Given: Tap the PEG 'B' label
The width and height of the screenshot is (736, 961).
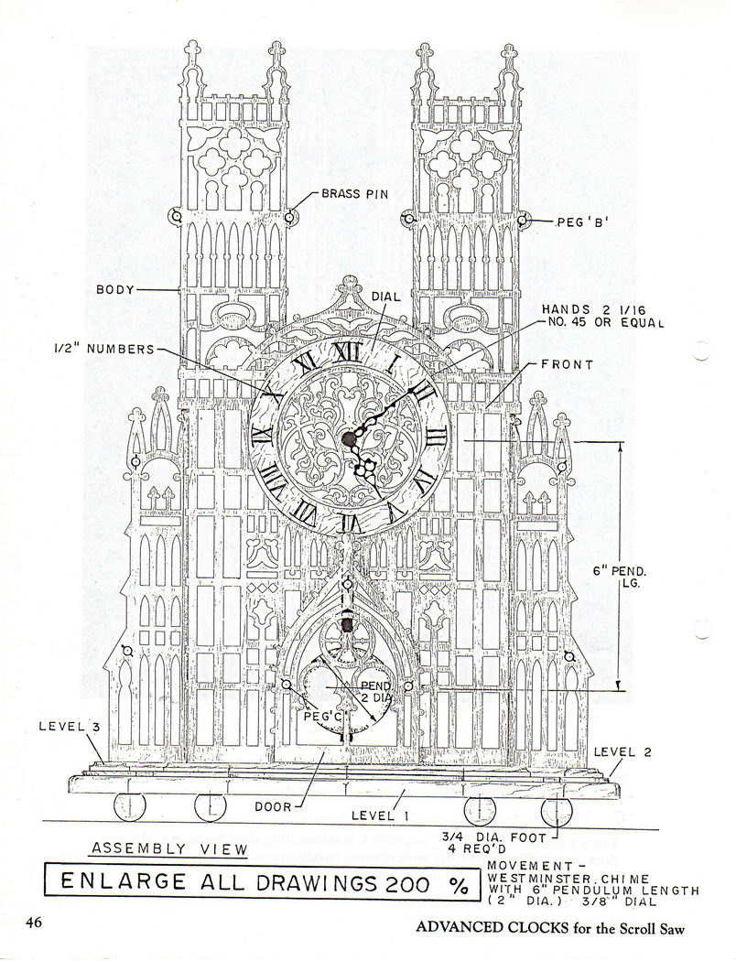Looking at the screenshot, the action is pyautogui.click(x=582, y=223).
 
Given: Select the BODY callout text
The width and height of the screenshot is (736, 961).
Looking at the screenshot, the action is pyautogui.click(x=114, y=289).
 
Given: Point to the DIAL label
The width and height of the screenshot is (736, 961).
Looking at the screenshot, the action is pyautogui.click(x=386, y=297).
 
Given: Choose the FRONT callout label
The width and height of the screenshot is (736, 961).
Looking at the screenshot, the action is pyautogui.click(x=567, y=364).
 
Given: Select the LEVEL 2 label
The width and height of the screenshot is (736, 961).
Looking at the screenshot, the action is pyautogui.click(x=622, y=752).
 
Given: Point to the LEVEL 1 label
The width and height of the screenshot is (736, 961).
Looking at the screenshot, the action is pyautogui.click(x=380, y=815).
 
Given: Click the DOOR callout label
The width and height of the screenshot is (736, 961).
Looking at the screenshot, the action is pyautogui.click(x=274, y=806).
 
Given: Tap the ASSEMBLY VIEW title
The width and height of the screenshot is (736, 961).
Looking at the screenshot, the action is pyautogui.click(x=169, y=848).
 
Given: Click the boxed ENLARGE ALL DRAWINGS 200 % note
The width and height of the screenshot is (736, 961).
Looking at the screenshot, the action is pyautogui.click(x=263, y=882).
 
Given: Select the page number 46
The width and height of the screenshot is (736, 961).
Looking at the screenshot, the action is pyautogui.click(x=34, y=923).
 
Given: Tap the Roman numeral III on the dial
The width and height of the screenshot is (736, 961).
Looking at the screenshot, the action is pyautogui.click(x=435, y=437).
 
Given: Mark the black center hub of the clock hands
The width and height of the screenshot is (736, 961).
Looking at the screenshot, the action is pyautogui.click(x=348, y=437).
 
